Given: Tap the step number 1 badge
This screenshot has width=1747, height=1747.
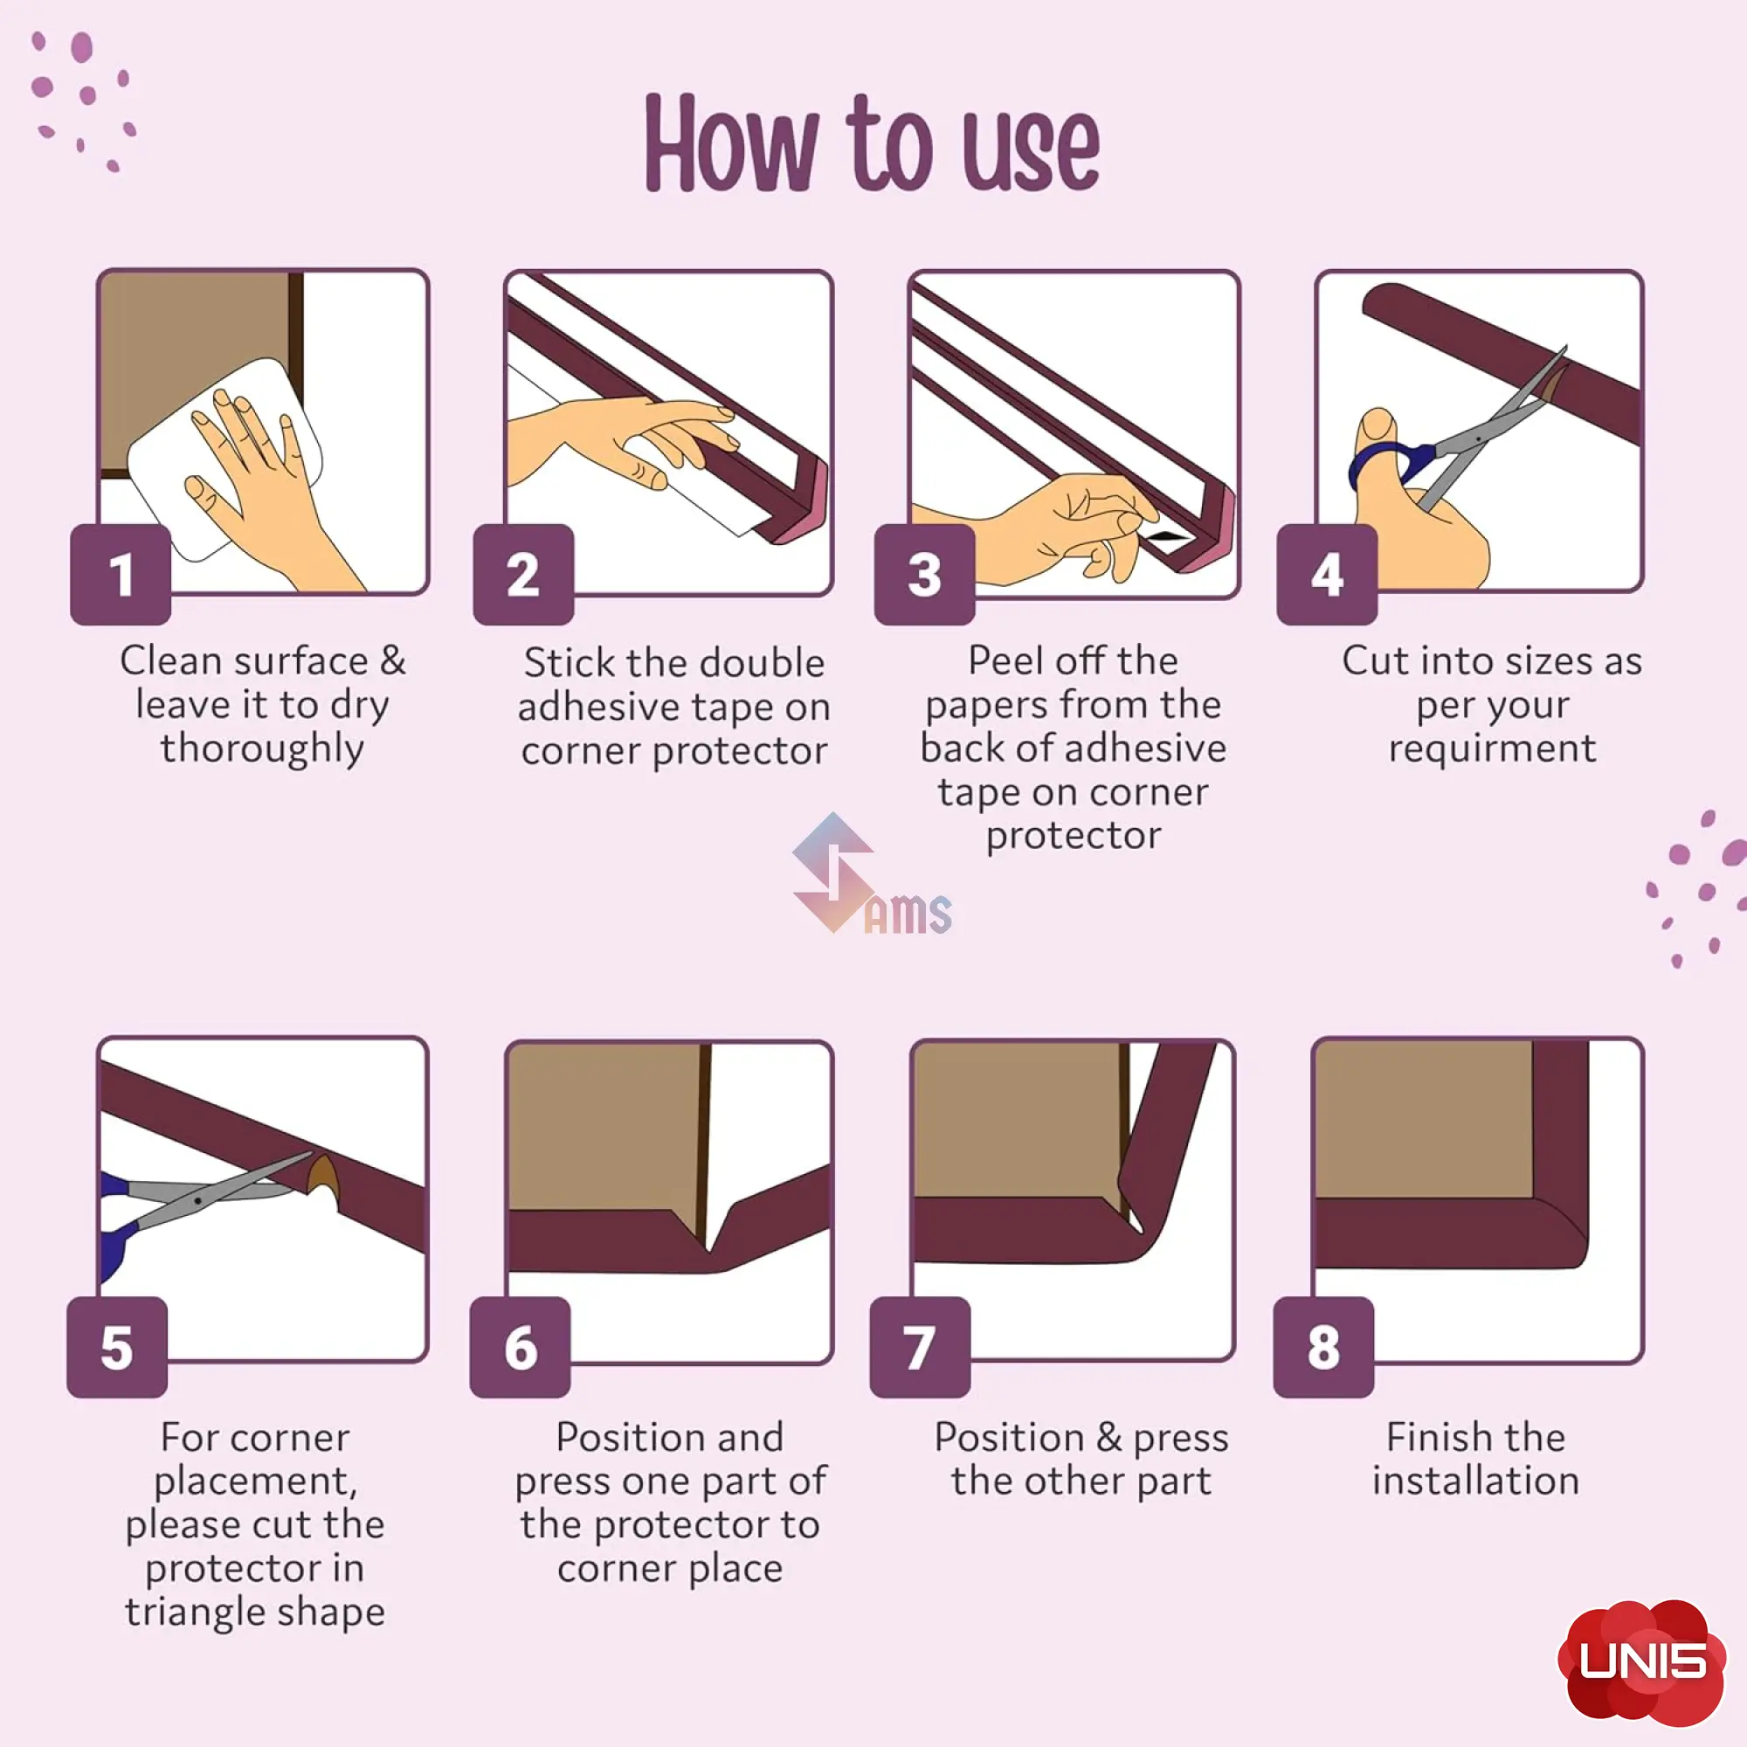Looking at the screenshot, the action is [121, 574].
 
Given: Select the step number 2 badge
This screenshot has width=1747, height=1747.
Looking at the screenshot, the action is [523, 574].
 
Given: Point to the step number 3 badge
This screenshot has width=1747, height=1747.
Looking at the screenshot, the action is [925, 574].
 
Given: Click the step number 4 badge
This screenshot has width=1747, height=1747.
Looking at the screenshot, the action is [1328, 574].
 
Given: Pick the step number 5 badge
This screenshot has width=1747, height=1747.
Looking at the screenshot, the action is [118, 1347].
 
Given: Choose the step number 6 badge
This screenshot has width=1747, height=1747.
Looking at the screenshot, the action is [521, 1347].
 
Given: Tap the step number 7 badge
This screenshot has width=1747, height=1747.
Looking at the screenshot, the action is [921, 1347].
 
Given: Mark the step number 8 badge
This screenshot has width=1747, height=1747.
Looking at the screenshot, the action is [1324, 1347].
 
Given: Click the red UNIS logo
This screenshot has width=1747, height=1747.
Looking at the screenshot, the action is [1642, 1662].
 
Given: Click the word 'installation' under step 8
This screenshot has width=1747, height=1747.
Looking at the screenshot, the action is [1475, 1481].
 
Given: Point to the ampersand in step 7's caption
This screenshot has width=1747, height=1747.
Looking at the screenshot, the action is [1108, 1437].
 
